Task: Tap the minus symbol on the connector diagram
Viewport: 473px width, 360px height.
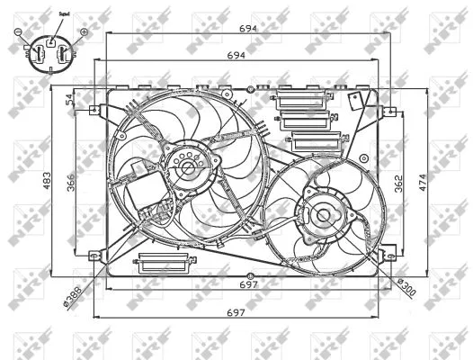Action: click(18, 32)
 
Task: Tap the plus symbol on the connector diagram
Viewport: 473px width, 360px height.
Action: click(84, 32)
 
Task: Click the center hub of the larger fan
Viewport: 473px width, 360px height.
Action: click(186, 167)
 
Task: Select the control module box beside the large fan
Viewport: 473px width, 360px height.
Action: click(143, 193)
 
